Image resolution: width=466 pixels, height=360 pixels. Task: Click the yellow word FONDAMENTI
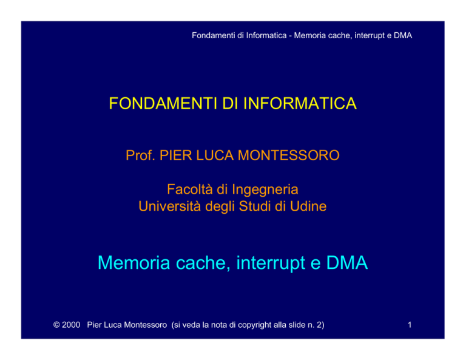pos(163,103)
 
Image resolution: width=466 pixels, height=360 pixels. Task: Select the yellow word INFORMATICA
pos(300,103)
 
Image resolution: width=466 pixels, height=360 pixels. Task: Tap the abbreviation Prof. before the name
pos(140,155)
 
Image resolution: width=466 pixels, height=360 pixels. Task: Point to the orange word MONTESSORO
pos(289,155)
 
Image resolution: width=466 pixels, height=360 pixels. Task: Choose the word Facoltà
pos(190,189)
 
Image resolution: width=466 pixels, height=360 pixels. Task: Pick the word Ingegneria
pos(265,190)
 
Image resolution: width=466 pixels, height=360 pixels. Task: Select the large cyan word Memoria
pos(133,263)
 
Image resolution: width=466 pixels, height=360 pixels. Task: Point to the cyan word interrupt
pos(271,263)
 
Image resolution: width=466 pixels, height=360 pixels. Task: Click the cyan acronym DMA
pos(347,263)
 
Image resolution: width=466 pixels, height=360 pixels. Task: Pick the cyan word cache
pos(203,263)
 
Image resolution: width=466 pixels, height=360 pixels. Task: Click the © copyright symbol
pos(56,325)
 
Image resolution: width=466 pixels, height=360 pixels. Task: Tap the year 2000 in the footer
pos(71,325)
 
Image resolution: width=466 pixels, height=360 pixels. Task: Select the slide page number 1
pos(410,325)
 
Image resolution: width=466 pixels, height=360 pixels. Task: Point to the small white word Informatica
pos(266,35)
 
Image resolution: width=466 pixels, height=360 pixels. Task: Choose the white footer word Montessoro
pos(146,325)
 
